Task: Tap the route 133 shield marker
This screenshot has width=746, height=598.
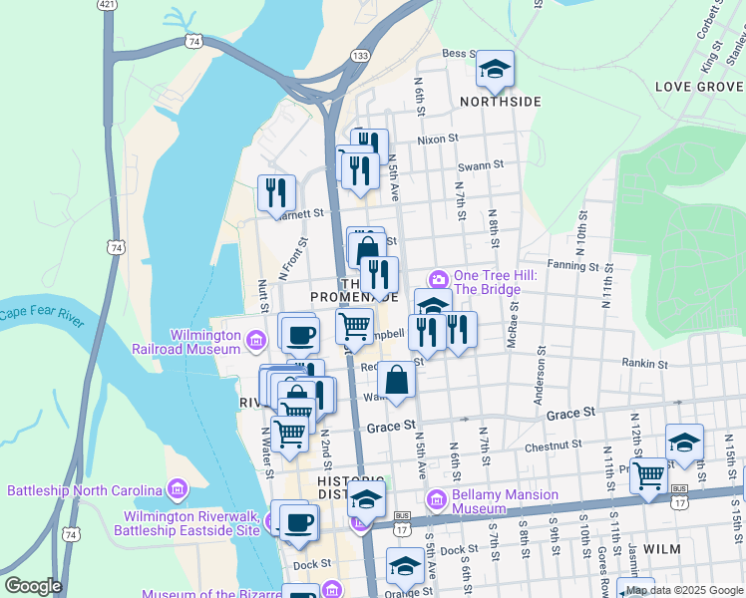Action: click(359, 55)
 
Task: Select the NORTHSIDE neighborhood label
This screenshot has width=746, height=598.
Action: click(500, 102)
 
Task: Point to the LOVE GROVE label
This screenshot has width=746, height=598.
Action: click(699, 87)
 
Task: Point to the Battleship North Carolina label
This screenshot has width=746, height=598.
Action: click(85, 490)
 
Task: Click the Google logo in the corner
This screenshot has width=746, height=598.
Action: click(33, 586)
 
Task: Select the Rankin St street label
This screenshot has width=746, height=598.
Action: click(643, 364)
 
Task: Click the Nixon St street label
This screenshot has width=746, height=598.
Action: click(437, 140)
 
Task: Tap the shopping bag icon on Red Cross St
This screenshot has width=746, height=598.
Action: click(396, 381)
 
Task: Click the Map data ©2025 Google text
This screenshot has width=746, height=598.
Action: click(685, 590)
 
